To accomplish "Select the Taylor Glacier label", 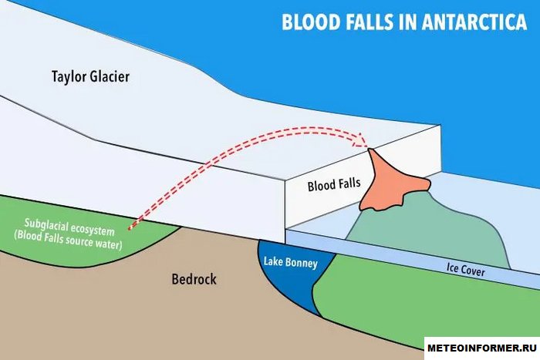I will [90, 76].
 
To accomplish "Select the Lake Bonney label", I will [289, 263].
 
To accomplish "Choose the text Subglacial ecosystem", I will [69, 223].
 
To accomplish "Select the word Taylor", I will [69, 76].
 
